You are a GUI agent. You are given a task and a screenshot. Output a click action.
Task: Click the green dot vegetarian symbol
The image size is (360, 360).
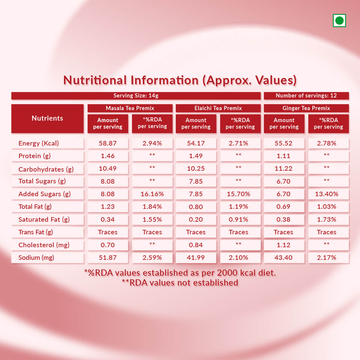339,21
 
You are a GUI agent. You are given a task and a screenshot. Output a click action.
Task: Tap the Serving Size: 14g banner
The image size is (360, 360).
136,96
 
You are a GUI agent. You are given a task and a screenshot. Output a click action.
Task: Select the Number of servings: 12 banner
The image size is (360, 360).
306,96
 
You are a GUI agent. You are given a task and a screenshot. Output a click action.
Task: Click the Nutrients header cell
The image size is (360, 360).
47,118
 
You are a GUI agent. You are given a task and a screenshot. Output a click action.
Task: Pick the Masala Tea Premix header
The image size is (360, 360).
130,108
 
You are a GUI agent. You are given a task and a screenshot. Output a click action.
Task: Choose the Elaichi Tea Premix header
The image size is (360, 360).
218,108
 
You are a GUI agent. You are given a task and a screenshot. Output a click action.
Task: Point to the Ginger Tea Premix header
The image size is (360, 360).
306,108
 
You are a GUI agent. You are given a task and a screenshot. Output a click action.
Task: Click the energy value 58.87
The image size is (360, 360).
108,143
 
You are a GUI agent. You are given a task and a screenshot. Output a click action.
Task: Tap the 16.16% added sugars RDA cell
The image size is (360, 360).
152,194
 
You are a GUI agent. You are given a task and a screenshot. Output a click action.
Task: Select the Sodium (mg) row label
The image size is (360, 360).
36,258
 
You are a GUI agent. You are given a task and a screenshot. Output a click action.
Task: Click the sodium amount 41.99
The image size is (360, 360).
196,258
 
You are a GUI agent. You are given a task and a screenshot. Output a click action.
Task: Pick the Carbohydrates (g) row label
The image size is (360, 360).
46,169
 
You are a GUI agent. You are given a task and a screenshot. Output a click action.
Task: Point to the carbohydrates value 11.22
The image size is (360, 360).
283,169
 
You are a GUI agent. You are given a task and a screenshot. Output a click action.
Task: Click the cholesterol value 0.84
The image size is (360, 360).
196,245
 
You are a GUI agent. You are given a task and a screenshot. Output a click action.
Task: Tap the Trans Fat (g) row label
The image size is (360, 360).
36,232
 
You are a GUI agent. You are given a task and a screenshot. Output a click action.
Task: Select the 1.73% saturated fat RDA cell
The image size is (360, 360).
327,220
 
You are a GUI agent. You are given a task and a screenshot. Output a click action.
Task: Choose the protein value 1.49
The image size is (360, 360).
196,156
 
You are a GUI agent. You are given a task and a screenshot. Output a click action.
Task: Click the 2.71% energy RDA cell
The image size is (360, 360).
238,143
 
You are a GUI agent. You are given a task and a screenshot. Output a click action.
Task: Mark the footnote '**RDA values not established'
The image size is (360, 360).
180,283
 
